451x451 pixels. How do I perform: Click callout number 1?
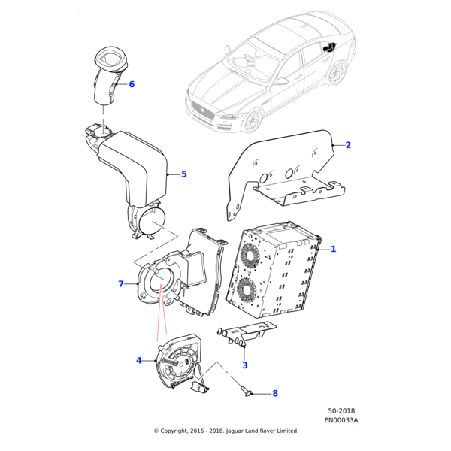point(334,249)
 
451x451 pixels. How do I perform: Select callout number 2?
point(348,145)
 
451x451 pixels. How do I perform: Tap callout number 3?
point(244,365)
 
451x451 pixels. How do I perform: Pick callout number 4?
point(139,361)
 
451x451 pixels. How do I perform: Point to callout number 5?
point(183,174)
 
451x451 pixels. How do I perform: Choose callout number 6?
point(132,84)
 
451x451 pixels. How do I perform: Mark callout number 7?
point(120,283)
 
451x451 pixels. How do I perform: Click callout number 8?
point(274,393)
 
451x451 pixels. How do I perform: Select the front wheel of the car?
point(253,120)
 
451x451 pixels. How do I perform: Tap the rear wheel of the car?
point(336,74)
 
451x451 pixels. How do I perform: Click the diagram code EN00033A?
point(343,420)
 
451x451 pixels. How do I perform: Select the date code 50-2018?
point(343,411)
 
